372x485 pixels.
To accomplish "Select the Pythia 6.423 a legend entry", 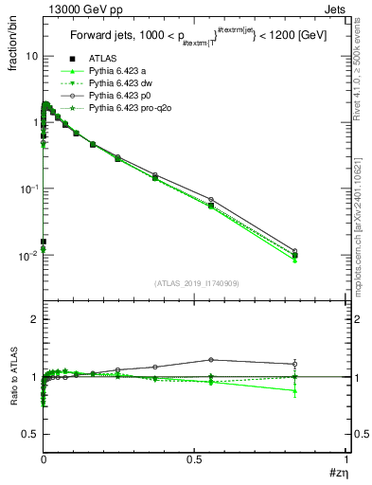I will pyautogui.click(x=106, y=70).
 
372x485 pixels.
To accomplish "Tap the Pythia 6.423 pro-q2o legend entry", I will pyautogui.click(x=115, y=110).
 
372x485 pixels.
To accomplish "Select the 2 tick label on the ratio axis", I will pyautogui.click(x=33, y=320).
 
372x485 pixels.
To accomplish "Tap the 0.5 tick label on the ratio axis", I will pyautogui.click(x=28, y=434).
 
